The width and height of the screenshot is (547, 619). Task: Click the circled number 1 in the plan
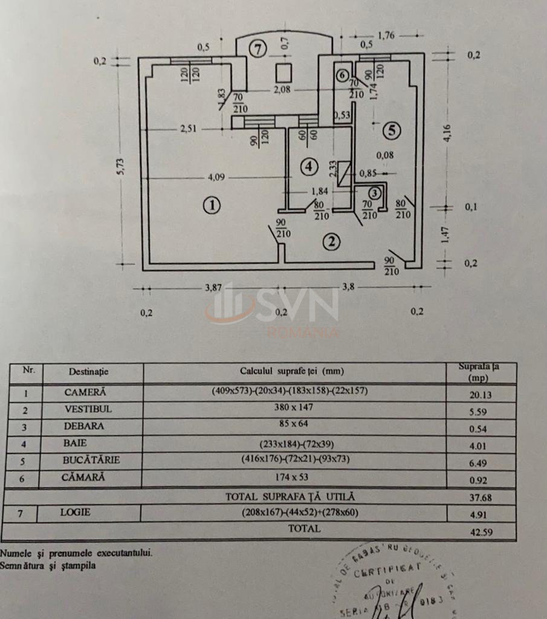tap(211, 206)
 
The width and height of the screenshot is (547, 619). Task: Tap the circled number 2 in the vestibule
tap(331, 242)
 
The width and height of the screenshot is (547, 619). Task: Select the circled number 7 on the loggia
tap(257, 50)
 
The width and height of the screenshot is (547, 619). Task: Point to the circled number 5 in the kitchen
tap(391, 129)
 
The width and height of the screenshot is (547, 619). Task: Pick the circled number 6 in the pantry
tap(342, 75)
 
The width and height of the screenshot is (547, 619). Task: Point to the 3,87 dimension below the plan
tap(213, 288)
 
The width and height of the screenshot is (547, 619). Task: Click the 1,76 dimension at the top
tap(386, 36)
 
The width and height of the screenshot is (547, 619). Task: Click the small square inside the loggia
tap(283, 73)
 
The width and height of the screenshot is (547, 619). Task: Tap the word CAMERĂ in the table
tap(85, 392)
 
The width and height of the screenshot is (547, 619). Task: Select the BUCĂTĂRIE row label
tap(91, 460)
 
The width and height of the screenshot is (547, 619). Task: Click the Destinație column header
tap(89, 372)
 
